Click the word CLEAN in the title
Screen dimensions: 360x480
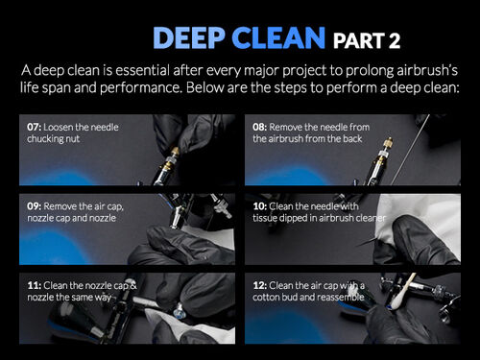coord(279,38)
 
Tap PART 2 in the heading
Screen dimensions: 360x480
coord(366,40)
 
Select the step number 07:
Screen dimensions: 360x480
coord(36,127)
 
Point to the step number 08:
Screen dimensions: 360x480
coord(262,127)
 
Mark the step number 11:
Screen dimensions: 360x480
coord(35,286)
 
